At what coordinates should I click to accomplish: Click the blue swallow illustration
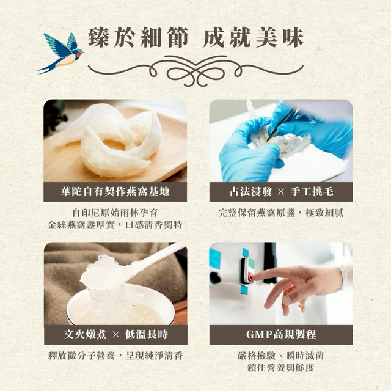click(61, 53)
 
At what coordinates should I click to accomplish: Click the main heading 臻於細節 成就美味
click(195, 38)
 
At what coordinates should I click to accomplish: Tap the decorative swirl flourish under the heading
click(195, 70)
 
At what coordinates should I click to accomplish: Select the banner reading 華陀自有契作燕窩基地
click(115, 192)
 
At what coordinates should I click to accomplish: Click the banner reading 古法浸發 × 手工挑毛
click(281, 192)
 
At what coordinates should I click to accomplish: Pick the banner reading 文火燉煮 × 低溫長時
click(115, 335)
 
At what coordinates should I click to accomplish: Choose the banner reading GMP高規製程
click(281, 335)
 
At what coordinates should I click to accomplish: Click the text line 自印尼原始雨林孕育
click(115, 213)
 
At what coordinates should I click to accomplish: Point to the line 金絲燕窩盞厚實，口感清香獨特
click(115, 225)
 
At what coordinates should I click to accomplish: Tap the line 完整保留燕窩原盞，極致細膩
click(281, 213)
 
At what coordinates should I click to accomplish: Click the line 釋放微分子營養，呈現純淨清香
click(115, 356)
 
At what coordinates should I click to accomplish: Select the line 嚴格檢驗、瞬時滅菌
click(281, 356)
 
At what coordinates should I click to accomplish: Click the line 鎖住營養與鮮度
click(281, 368)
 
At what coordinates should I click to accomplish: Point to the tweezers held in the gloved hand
click(283, 125)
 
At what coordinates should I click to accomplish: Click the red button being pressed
click(250, 277)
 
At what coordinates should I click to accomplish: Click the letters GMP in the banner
click(259, 335)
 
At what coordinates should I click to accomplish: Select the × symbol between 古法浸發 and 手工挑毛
click(281, 192)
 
